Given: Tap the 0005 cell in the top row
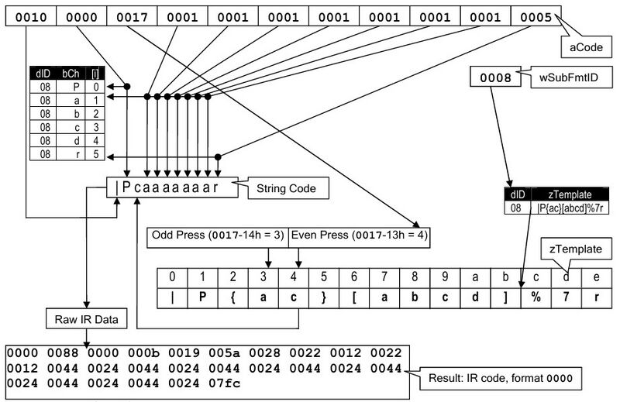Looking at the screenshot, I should (535, 15).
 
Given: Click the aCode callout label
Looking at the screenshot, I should (587, 47).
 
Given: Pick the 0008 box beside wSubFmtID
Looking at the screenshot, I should (492, 77).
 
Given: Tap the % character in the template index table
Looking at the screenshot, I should (535, 298).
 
